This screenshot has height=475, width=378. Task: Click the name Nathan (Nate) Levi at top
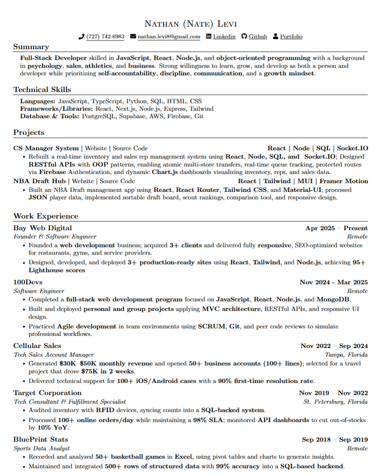(190, 24)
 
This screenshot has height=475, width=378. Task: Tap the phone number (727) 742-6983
(105, 37)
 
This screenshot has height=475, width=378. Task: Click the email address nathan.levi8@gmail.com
(169, 37)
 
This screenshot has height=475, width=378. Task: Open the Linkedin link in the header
(224, 37)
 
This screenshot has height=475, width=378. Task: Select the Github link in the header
(258, 37)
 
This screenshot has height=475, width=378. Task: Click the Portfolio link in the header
(291, 37)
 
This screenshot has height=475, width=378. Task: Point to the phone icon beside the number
(81, 37)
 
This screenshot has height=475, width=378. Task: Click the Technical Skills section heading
(42, 90)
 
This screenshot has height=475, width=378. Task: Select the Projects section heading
(29, 133)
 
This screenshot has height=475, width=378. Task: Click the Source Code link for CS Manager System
(130, 148)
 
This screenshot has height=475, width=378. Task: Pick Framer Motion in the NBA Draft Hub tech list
(344, 181)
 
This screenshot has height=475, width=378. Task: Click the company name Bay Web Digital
(42, 228)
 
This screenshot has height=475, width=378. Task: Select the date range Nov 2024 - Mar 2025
(334, 282)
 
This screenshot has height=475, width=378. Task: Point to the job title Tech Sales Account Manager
(54, 355)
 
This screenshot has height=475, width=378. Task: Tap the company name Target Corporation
(47, 393)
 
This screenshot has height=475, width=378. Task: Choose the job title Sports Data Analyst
(42, 448)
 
